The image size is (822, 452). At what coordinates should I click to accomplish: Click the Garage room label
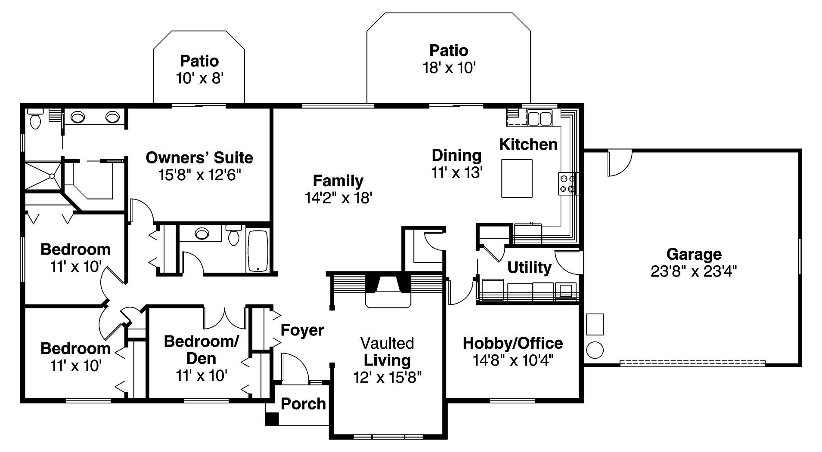tap(694, 254)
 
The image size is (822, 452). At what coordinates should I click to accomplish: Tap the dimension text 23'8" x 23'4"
tap(694, 271)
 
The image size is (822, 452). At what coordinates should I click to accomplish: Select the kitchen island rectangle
tap(517, 178)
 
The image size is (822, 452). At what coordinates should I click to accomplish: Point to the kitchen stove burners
tap(568, 184)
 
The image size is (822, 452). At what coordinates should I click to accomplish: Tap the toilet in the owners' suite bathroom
tap(35, 118)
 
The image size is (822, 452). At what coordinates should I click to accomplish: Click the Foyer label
tap(302, 330)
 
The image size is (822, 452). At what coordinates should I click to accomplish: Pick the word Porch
tap(303, 404)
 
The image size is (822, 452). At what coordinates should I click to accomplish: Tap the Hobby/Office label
tap(512, 343)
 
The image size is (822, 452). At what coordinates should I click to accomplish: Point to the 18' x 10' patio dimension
tap(449, 68)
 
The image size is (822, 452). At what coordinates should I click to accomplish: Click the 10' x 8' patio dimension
tap(199, 78)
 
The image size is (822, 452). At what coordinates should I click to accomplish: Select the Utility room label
tap(529, 268)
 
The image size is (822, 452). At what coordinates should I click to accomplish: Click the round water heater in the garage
tap(595, 350)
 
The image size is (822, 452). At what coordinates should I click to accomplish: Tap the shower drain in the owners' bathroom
tap(52, 176)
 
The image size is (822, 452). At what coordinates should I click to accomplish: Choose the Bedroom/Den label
tap(201, 350)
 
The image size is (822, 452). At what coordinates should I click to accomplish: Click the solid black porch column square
tap(272, 419)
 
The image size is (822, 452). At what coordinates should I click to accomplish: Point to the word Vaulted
tap(387, 343)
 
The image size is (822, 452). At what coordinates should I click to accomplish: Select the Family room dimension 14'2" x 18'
tap(338, 198)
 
